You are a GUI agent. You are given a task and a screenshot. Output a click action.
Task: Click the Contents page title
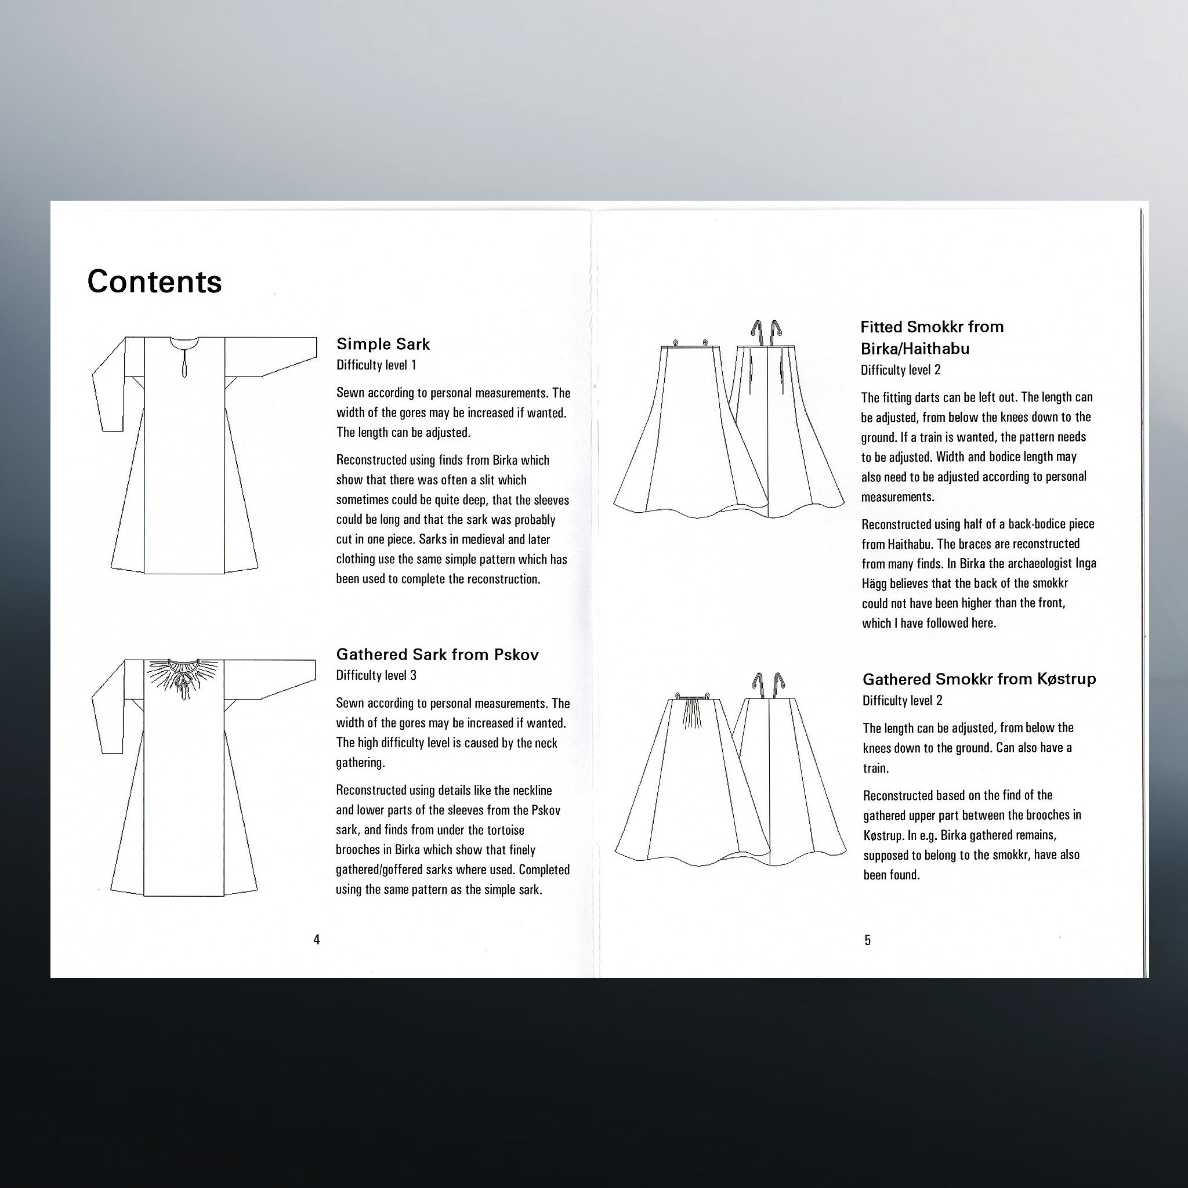coord(154,282)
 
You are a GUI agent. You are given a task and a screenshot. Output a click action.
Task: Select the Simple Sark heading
coord(382,345)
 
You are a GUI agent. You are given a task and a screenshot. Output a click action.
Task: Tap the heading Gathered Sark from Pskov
coord(437,654)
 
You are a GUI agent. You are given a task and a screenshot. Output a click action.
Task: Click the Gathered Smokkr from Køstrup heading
coord(979,679)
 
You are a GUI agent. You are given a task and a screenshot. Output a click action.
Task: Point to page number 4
coord(317,940)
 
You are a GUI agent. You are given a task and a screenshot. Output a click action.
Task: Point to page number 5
coord(868,940)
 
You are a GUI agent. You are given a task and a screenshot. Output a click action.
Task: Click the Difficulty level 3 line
coord(376,676)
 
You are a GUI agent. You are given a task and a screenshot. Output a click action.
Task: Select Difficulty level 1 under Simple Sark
coord(376,365)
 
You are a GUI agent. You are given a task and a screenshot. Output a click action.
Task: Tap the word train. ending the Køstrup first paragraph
coord(875,769)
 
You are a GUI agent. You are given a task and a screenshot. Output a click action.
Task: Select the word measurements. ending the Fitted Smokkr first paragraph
coord(897,497)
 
